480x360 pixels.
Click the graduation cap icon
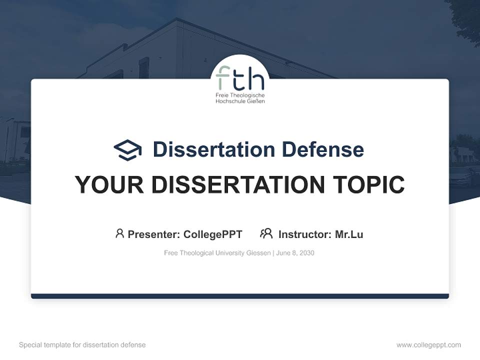[x=127, y=149]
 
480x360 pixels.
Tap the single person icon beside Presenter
[x=119, y=233]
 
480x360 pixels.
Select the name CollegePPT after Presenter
[x=212, y=234]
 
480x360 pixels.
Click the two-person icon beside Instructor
[x=266, y=233]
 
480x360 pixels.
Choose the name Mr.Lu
[x=349, y=234]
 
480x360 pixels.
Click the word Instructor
[x=304, y=234]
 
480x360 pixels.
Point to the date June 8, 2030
[x=295, y=253]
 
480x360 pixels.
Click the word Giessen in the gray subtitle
[x=258, y=253]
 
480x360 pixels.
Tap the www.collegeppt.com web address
[x=428, y=345]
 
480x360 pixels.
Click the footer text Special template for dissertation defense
[x=82, y=345]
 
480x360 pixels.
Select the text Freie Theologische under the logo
[x=240, y=95]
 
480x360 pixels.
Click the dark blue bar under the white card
[x=240, y=296]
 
